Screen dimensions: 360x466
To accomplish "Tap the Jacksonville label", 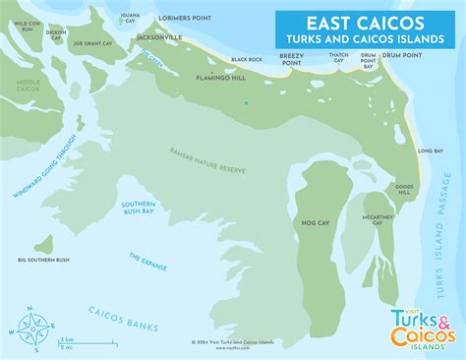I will pos(161,36).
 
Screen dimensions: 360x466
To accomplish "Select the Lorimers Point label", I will pos(215,18).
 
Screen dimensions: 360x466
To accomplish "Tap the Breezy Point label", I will pos(292,60).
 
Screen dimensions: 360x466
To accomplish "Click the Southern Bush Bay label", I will pos(138,208).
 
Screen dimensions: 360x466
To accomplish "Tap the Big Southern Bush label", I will pos(43,260).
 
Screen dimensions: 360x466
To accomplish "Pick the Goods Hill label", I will pos(404,188).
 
